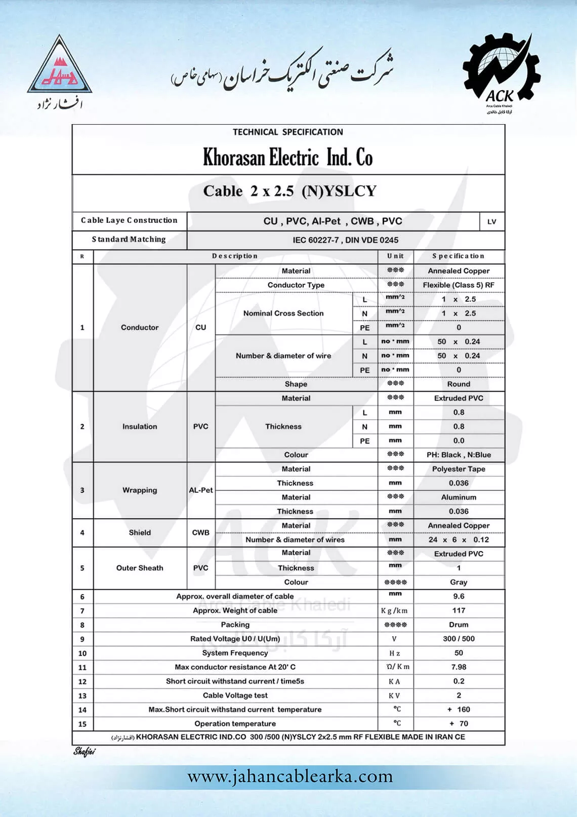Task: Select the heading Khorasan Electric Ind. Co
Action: pos(287,158)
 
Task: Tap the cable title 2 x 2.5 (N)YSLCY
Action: pos(290,191)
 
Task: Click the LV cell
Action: pos(491,221)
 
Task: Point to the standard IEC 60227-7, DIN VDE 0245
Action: pos(345,240)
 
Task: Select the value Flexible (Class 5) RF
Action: pos(459,285)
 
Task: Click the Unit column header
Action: pos(395,256)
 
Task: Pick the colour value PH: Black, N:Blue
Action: pos(459,454)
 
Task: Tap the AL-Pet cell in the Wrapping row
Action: pos(201,490)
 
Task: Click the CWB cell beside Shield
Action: pos(201,532)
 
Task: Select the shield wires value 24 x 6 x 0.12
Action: pos(459,539)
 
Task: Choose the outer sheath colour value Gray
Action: pos(459,582)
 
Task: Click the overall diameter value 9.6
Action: pos(459,596)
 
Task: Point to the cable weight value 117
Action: pos(459,610)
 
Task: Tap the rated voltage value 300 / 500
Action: pos(459,639)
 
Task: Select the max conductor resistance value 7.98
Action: pos(459,667)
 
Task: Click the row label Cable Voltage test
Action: pos(235,695)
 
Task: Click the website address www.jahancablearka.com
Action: pos(290,776)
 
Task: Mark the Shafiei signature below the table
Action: pos(84,752)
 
